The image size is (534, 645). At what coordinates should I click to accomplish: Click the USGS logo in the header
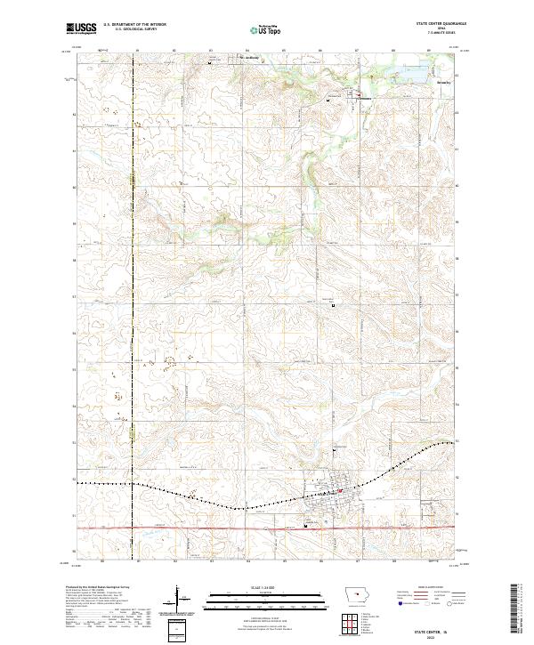pyautogui.click(x=81, y=29)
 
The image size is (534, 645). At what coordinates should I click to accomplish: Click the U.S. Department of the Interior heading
pyautogui.click(x=134, y=26)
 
